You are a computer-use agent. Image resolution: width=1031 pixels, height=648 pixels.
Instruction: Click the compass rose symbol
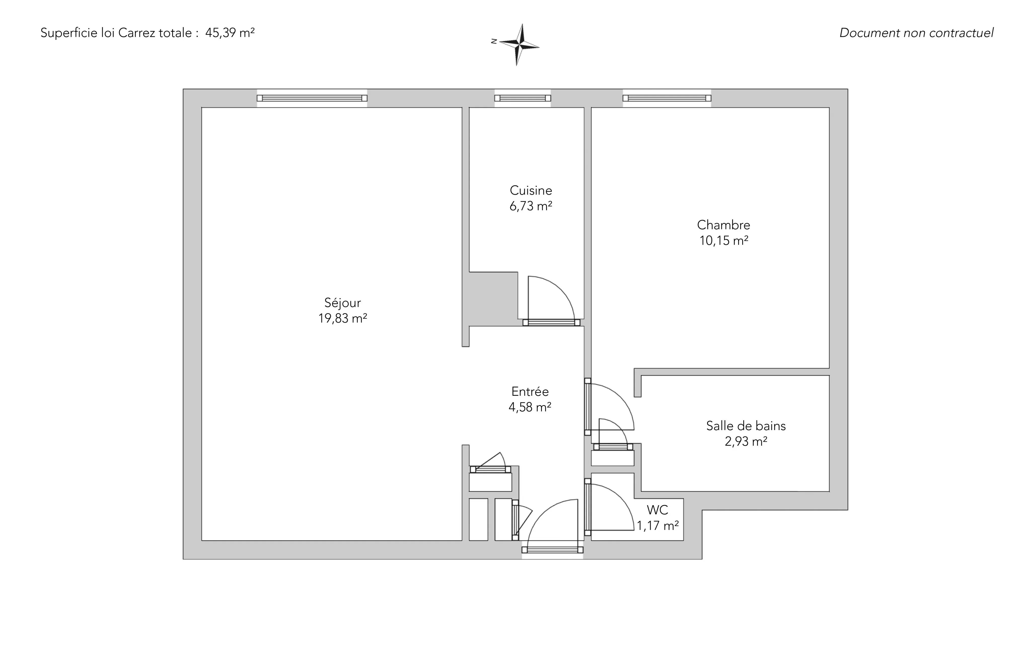(x=519, y=44)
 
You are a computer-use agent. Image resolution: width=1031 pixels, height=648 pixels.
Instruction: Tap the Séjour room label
(x=343, y=303)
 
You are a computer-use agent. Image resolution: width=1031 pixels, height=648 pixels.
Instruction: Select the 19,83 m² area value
(x=343, y=318)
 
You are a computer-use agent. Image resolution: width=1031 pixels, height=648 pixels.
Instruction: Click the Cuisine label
(x=531, y=190)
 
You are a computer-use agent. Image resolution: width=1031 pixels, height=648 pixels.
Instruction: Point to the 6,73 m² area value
(x=531, y=206)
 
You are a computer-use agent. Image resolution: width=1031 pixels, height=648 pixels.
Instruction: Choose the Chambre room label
(x=724, y=225)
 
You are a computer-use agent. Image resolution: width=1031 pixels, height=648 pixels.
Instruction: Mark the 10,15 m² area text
(x=724, y=240)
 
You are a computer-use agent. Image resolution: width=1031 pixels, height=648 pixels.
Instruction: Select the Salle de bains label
(x=746, y=426)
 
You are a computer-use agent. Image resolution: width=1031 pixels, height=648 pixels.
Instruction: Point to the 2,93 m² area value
(x=746, y=441)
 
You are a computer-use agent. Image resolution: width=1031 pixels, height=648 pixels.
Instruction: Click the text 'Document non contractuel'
(x=916, y=33)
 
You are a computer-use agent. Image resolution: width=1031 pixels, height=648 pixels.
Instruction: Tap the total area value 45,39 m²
(x=230, y=33)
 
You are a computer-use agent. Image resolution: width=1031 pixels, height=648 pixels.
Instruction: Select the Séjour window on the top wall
(x=312, y=98)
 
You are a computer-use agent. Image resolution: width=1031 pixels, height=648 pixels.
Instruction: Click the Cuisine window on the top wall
(x=523, y=98)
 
